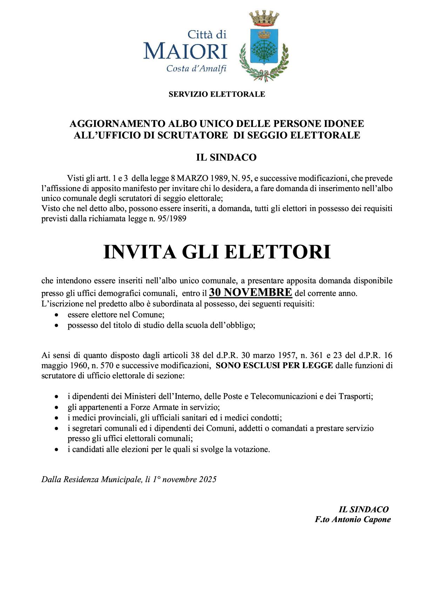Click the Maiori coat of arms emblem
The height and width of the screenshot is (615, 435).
pos(264,46)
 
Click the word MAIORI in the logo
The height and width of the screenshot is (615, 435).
pos(185,52)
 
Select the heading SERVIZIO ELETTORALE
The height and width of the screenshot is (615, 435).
pos(217,94)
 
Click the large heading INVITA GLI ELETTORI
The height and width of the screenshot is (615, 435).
pos(217,252)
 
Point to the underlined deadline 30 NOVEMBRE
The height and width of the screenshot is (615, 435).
pos(250,292)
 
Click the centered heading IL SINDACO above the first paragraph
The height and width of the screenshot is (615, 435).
pos(226,157)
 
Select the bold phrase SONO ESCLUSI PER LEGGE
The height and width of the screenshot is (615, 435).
pos(274,366)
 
